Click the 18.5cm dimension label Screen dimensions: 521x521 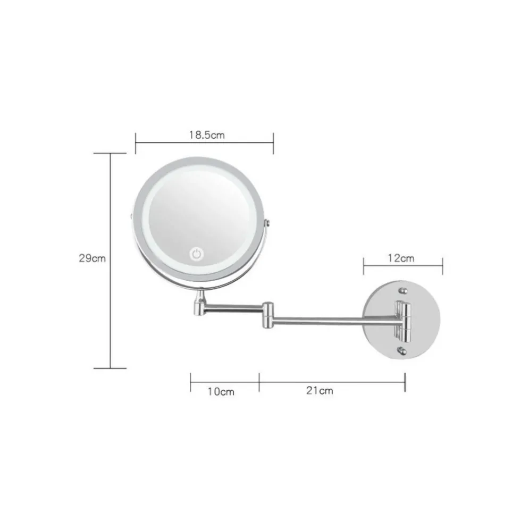click(207, 135)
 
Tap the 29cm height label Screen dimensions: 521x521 click(92, 258)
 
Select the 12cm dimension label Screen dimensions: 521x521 click(401, 258)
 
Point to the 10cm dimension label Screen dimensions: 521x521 click(221, 391)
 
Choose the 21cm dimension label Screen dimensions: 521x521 click(320, 390)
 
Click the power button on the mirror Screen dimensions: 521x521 click(196, 254)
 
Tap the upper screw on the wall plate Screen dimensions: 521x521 click(403, 291)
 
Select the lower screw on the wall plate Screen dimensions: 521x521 click(402, 350)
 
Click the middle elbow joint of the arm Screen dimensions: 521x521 click(268, 315)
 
